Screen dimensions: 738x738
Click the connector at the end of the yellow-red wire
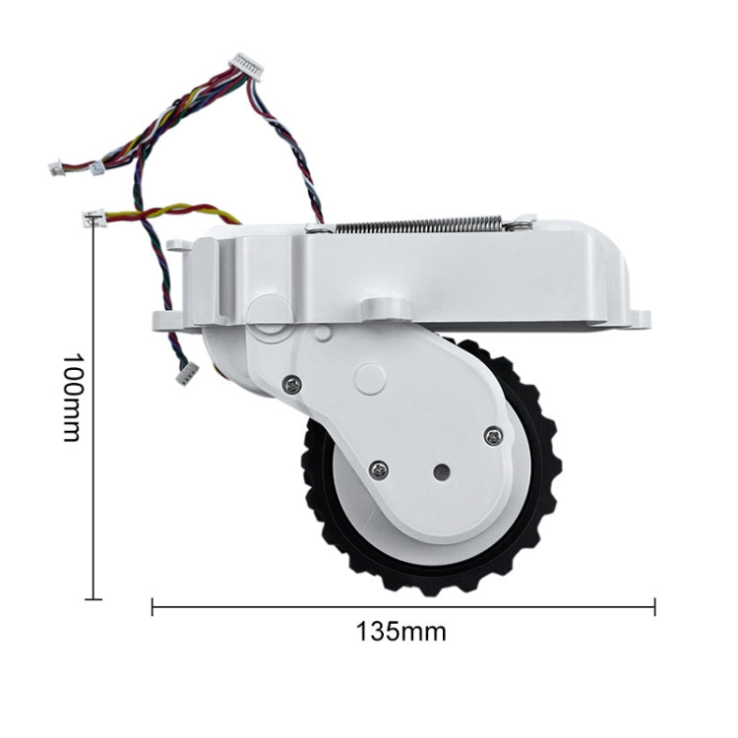pos(96,216)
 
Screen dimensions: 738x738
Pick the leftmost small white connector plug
pos(55,168)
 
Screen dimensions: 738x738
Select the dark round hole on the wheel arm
pos(440,472)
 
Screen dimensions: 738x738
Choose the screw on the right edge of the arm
pos(493,433)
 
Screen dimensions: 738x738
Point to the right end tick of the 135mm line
pos(654,607)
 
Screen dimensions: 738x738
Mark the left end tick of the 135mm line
pos(153,607)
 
